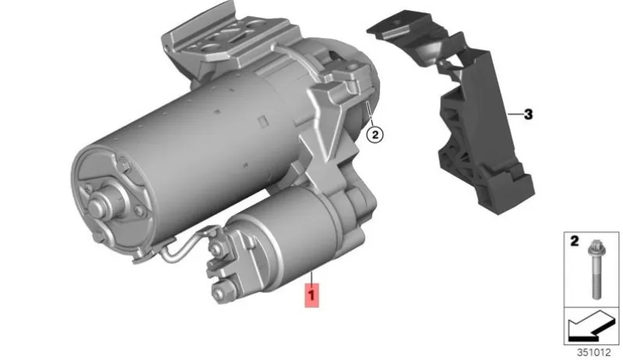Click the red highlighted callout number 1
click(311, 295)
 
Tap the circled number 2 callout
click(375, 135)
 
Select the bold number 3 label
click(528, 115)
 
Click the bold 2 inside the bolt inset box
click(575, 241)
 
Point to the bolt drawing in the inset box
click(597, 270)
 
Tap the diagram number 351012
click(593, 352)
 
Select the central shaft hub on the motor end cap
click(98, 205)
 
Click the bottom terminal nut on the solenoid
click(219, 293)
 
